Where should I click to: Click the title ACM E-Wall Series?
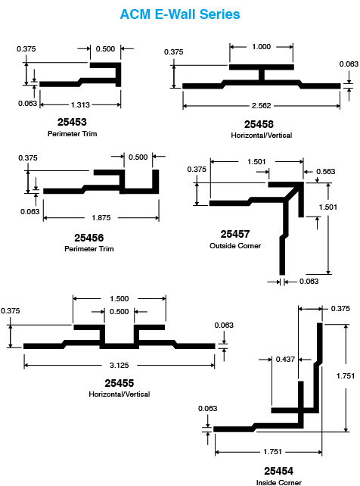180,14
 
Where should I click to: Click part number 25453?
72,122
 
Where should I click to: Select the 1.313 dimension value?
80,105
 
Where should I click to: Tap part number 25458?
259,124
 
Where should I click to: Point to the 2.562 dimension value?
261,106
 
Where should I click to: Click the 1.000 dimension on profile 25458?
261,47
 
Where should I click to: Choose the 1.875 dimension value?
101,218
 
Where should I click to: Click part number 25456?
88,238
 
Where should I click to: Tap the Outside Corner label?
235,246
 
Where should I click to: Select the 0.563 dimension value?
326,172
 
